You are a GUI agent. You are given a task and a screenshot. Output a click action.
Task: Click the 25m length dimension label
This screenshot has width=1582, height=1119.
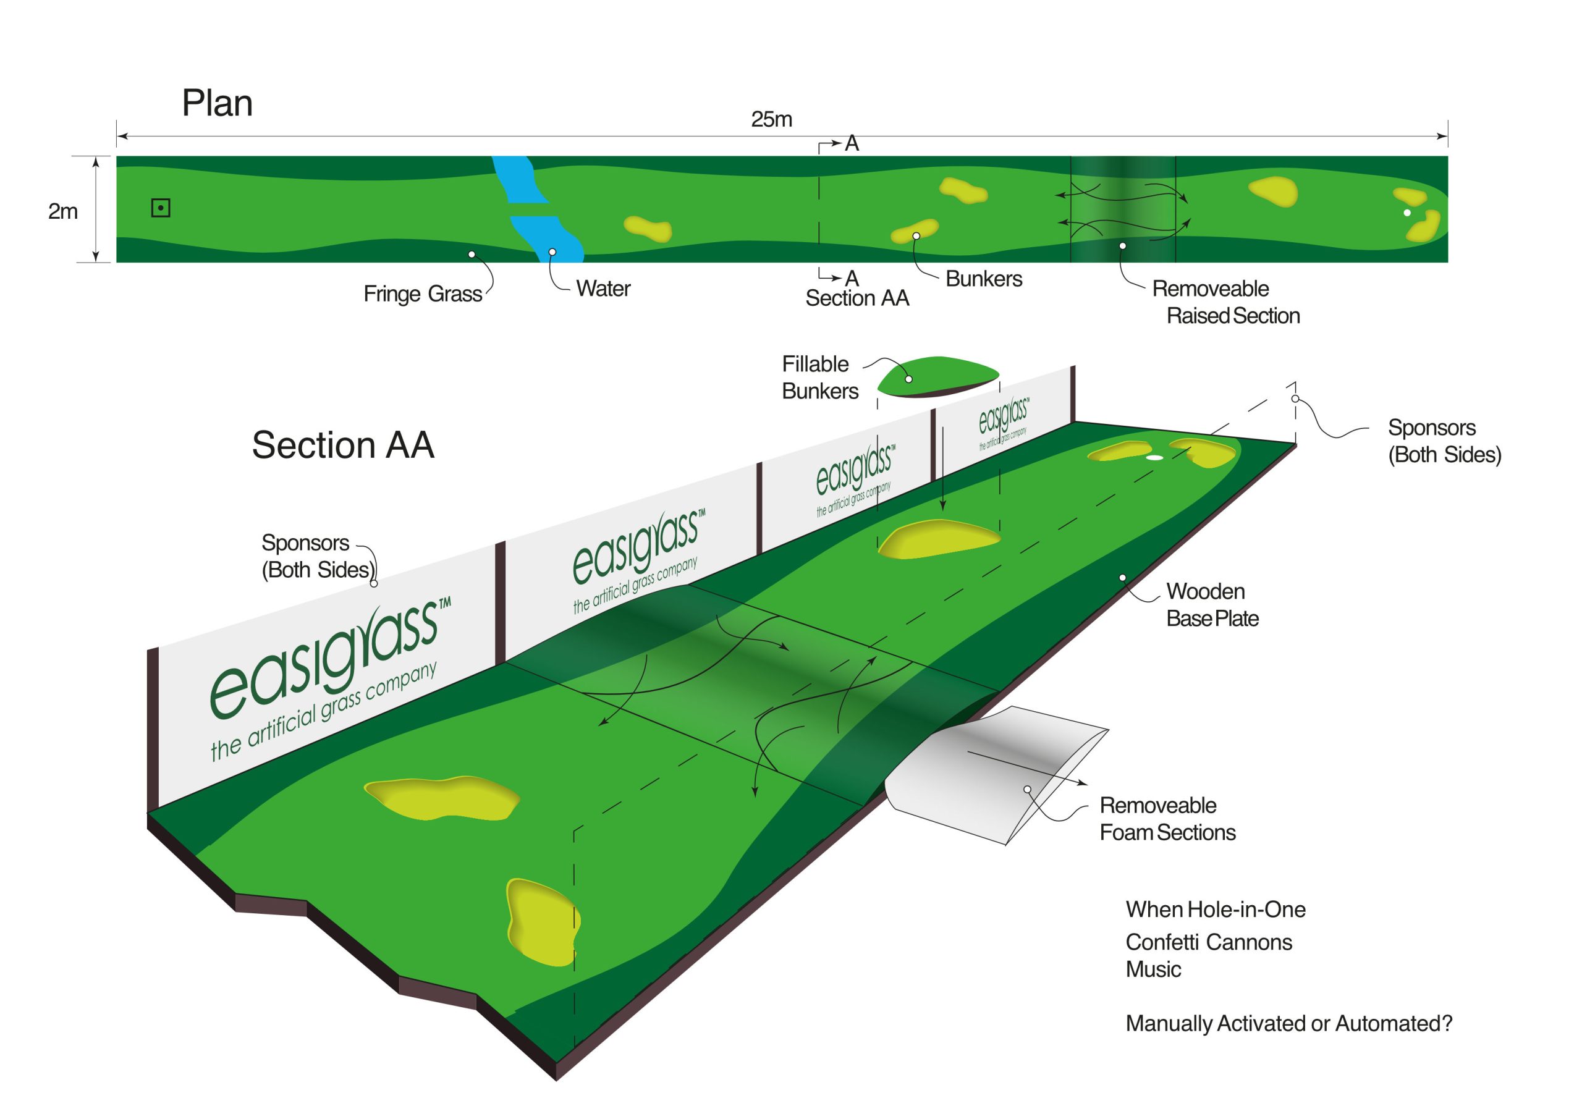pos(771,120)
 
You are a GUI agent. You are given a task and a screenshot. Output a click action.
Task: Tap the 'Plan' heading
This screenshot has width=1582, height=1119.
pos(217,103)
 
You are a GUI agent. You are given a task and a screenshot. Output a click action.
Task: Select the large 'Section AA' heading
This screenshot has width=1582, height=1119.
pos(342,444)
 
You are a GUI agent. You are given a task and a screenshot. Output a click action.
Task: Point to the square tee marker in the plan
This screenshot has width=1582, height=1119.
pos(161,208)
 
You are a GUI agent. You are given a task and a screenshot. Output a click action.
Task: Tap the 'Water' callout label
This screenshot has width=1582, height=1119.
pos(603,289)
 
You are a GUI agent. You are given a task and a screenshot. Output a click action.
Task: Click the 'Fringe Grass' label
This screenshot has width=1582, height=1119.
pos(422,294)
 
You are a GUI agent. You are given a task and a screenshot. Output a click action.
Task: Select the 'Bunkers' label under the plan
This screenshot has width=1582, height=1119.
pos(983,279)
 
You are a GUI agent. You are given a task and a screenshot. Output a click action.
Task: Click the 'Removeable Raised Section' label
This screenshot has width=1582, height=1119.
pos(1226,302)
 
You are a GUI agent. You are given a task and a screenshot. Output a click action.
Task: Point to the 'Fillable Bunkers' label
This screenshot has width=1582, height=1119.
pos(819,378)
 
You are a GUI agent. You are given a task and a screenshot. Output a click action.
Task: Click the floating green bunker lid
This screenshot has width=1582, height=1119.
pos(937,376)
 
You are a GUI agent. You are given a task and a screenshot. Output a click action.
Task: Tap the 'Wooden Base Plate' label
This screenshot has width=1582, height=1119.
pos(1212,605)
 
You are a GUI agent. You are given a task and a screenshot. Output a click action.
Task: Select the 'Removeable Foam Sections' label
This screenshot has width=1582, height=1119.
pos(1167,819)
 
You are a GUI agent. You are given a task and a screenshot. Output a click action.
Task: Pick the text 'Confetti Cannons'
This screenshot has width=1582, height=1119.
pos(1209,942)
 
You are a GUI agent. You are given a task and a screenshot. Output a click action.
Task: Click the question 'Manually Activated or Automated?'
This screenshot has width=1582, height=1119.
pos(1288,1024)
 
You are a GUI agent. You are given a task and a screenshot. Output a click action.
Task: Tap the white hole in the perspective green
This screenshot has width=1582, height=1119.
pos(1154,457)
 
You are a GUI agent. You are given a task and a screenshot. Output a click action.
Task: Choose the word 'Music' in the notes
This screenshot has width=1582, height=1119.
pos(1153,969)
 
